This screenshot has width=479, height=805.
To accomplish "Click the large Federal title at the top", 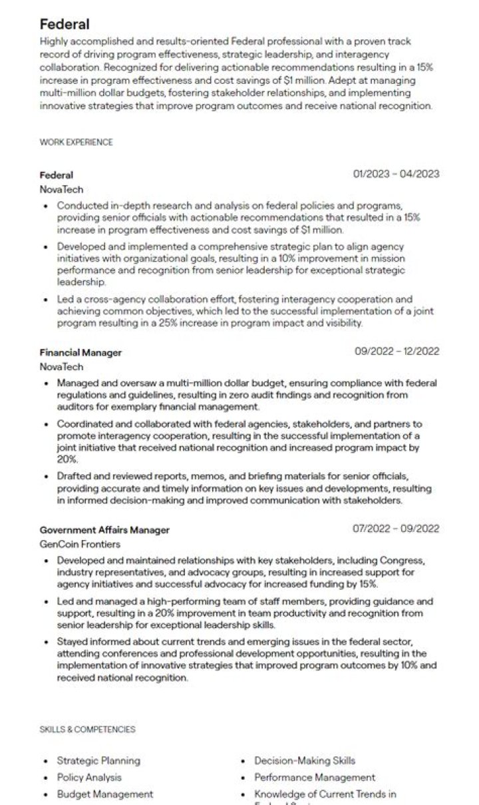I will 64,25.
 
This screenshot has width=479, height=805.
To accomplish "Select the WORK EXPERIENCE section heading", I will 76,142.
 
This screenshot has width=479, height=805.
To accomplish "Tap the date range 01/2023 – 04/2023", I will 397,174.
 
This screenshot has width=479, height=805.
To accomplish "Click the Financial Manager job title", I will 80,352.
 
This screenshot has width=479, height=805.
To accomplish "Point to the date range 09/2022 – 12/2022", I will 397,352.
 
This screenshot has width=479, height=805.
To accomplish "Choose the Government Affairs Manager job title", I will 104,530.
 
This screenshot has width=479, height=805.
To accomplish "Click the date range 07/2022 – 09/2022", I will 397,529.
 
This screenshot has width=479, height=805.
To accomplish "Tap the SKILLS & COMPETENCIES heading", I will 87,729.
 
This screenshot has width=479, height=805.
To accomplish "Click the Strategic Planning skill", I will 98,760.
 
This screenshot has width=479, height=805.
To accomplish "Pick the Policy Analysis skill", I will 89,777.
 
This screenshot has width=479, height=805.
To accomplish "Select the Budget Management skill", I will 104,794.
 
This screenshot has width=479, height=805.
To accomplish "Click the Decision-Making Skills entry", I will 305,760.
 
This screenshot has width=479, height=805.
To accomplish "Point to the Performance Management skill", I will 315,777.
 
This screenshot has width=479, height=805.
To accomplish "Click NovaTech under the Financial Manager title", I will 61,366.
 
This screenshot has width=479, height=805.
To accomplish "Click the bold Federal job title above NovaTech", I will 57,175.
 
